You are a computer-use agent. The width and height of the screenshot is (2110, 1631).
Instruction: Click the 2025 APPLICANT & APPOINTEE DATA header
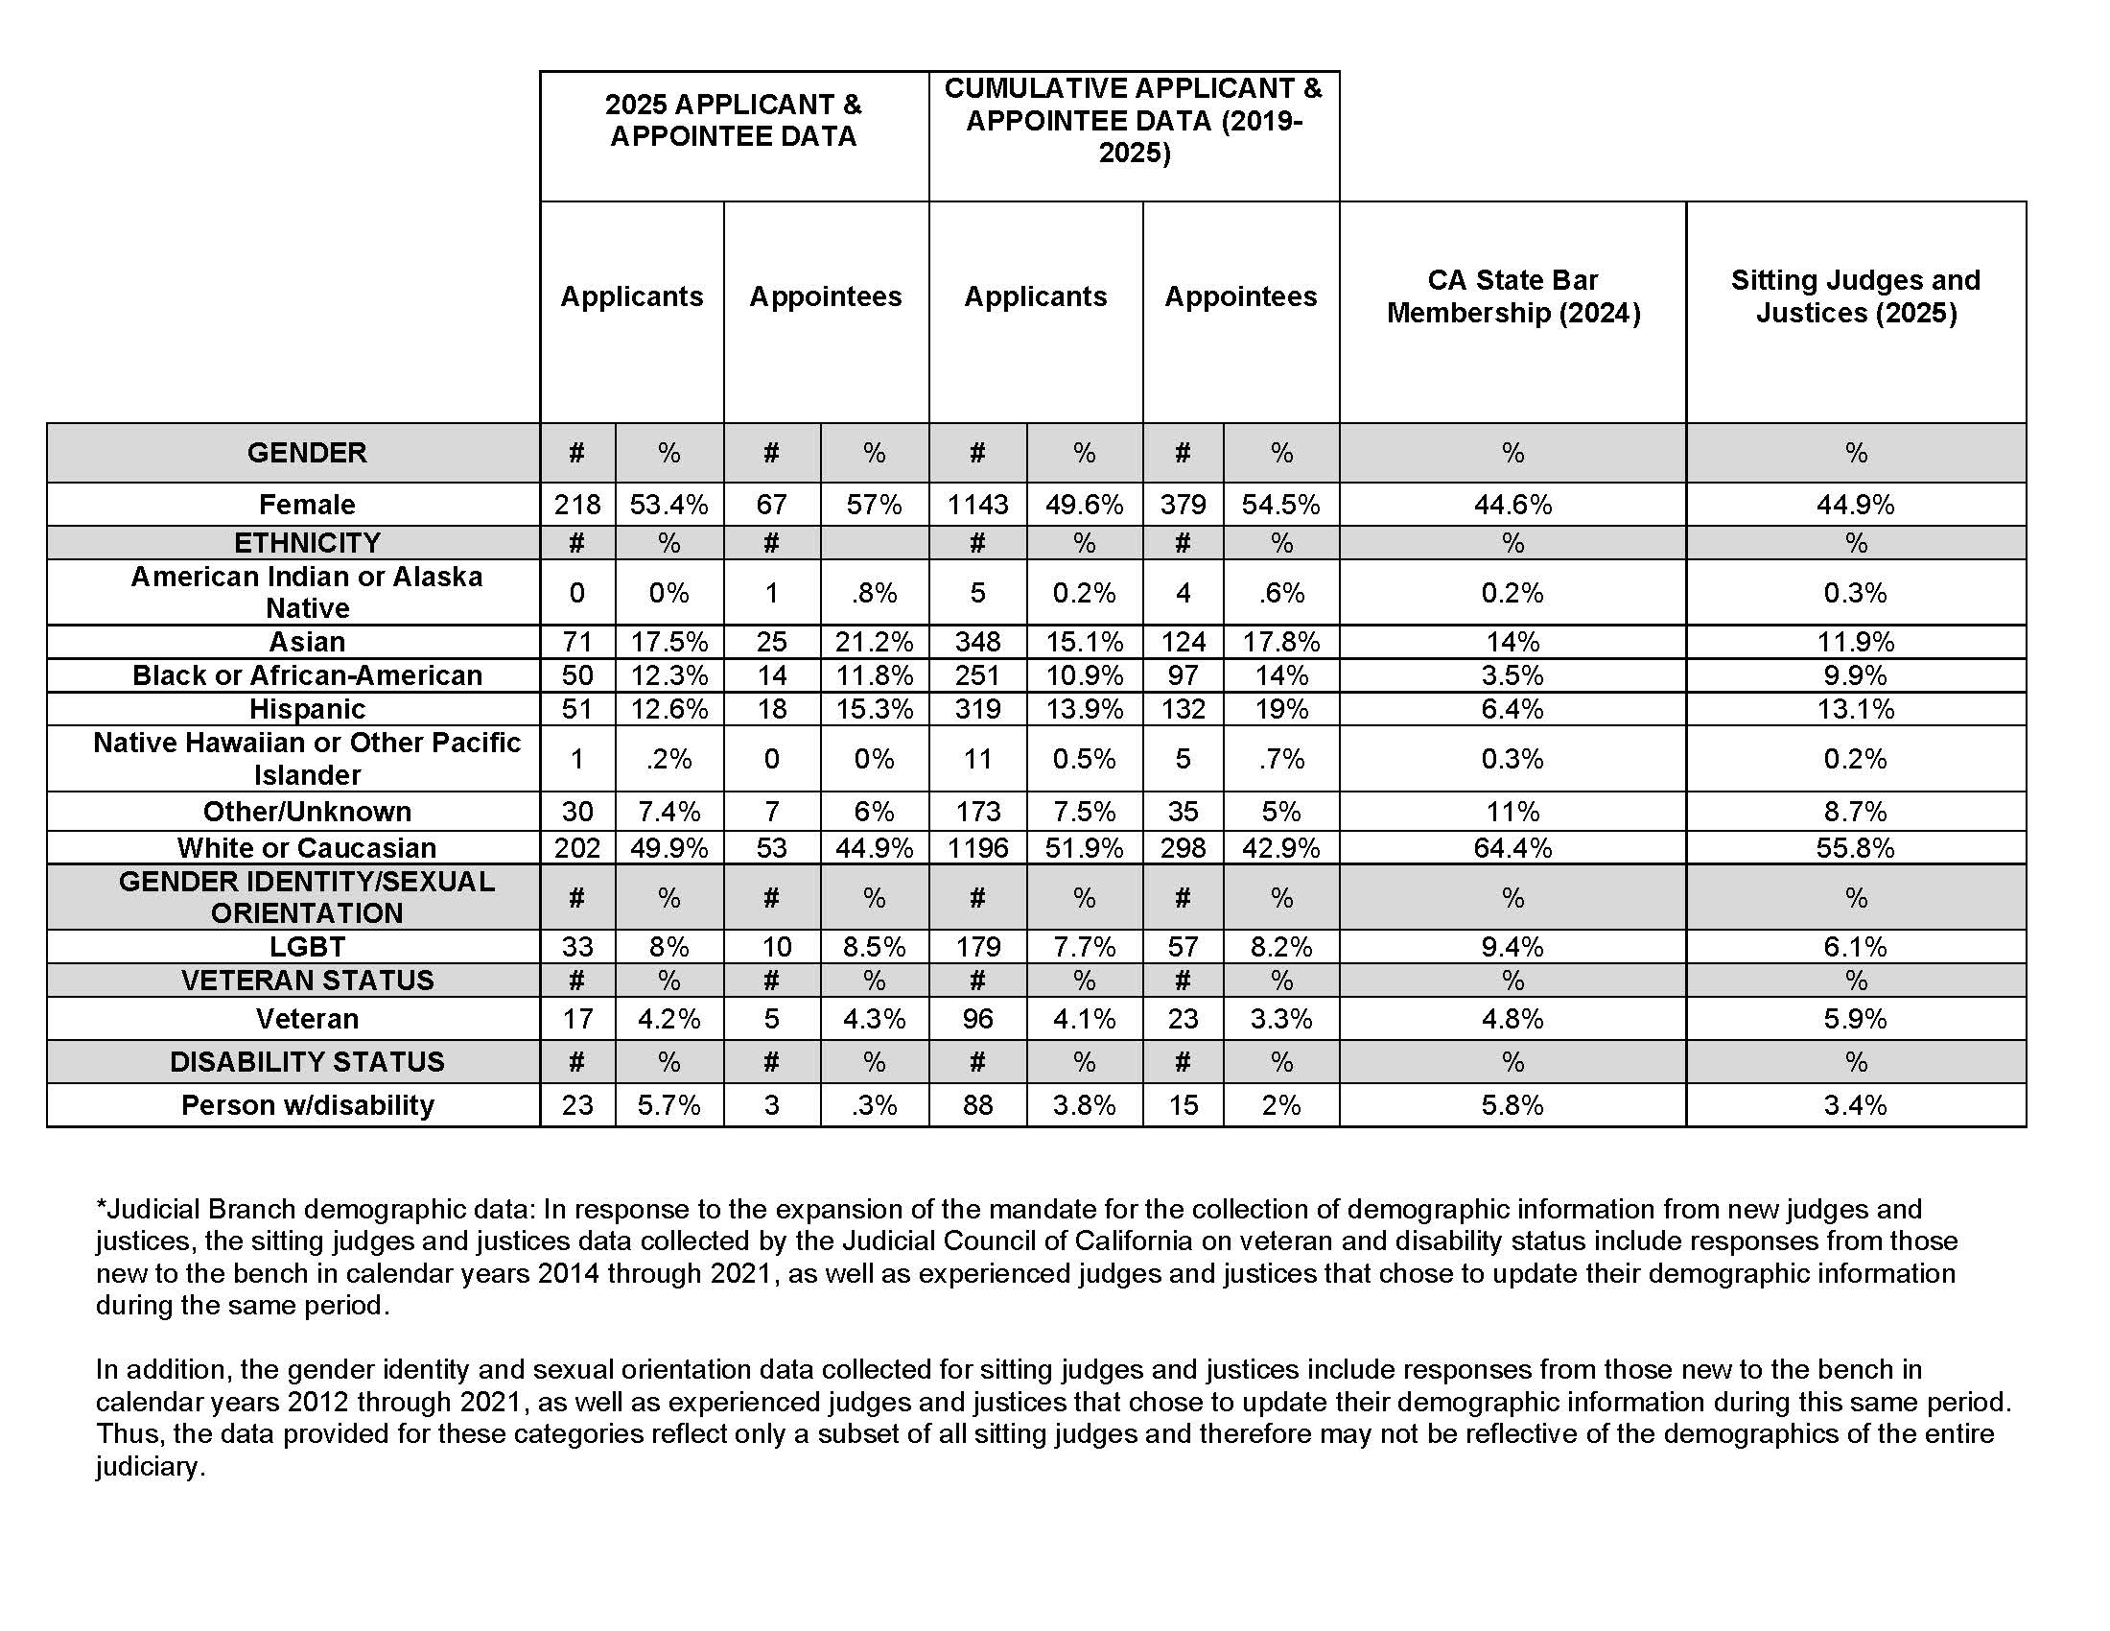(x=734, y=120)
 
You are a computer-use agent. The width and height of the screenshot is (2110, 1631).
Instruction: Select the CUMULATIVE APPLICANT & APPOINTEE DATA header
(x=1134, y=120)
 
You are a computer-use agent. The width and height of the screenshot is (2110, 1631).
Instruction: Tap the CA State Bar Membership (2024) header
(x=1512, y=295)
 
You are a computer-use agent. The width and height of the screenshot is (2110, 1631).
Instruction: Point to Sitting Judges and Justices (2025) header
(x=1855, y=295)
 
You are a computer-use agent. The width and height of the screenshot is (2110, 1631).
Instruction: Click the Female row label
(x=306, y=505)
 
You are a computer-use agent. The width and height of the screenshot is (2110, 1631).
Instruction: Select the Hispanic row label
(x=306, y=709)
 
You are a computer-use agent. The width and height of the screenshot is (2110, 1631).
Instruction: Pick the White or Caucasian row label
(x=306, y=847)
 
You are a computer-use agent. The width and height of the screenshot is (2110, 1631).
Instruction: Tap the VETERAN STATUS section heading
(x=306, y=980)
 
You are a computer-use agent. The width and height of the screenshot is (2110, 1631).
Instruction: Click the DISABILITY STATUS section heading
(x=306, y=1061)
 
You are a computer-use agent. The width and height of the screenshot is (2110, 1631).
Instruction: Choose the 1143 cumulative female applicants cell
(x=976, y=505)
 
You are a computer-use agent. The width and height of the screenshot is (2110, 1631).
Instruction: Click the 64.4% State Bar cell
(x=1512, y=847)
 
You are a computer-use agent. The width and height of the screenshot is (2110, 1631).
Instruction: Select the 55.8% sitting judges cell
(x=1855, y=847)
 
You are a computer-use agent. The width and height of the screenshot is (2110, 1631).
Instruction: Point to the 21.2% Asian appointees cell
(x=874, y=642)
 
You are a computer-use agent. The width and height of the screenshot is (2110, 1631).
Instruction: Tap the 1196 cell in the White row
(x=976, y=847)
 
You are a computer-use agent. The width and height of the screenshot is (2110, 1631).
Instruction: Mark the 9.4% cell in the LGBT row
(x=1512, y=946)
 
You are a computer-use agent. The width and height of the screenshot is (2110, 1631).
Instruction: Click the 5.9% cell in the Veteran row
(x=1855, y=1018)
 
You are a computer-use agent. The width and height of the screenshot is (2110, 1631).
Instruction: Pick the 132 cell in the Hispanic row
(x=1183, y=709)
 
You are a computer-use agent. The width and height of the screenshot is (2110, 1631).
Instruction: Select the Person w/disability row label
(x=306, y=1104)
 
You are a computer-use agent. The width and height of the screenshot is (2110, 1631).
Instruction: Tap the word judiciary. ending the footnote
(x=150, y=1466)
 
